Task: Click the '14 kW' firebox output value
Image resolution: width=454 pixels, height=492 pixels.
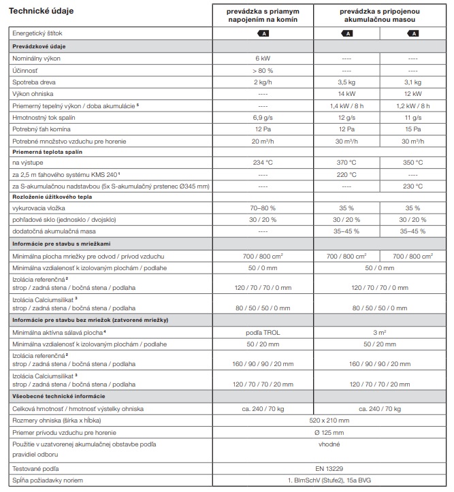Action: [346, 93]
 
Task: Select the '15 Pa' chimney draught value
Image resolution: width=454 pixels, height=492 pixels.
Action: [412, 128]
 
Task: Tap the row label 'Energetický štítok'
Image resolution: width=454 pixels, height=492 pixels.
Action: [42, 33]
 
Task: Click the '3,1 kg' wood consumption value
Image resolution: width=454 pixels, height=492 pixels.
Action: [412, 82]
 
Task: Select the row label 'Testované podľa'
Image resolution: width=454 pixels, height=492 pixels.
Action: [37, 469]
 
